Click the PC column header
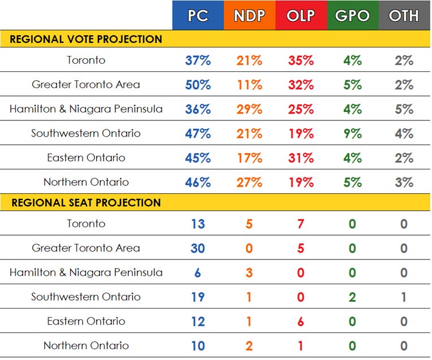[x=198, y=15]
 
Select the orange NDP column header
[x=249, y=15]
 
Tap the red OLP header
[x=301, y=15]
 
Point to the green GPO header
[x=352, y=15]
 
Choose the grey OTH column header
[x=404, y=15]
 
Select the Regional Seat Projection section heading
[x=86, y=202]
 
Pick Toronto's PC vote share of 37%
[x=198, y=60]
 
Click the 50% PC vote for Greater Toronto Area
[x=198, y=85]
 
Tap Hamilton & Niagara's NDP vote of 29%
[x=249, y=109]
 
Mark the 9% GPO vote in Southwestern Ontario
[x=352, y=133]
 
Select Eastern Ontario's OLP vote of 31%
[x=301, y=158]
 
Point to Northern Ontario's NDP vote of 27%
[x=249, y=182]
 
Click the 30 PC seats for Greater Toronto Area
[x=198, y=248]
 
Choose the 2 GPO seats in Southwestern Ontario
[x=352, y=297]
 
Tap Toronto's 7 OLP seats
[x=301, y=224]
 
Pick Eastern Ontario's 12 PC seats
[x=198, y=321]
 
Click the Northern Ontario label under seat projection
[x=86, y=345]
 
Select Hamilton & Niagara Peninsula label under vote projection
[x=86, y=109]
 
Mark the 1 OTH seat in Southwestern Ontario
[x=404, y=297]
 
